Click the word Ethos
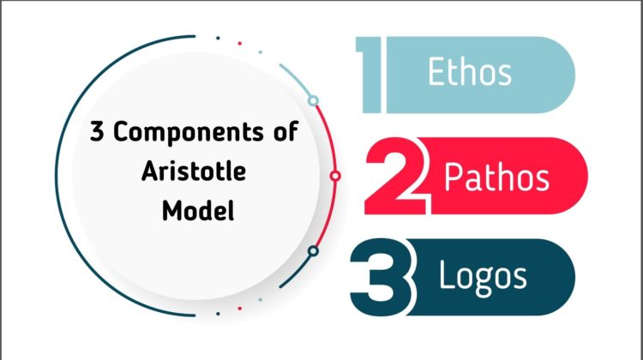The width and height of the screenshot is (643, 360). (x=470, y=71)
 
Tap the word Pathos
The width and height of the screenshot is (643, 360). (x=496, y=177)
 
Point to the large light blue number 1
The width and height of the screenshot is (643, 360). (x=370, y=75)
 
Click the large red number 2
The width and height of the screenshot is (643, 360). (x=397, y=177)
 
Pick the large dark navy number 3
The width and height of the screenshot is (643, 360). (x=382, y=278)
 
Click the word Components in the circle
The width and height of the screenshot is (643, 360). (x=189, y=133)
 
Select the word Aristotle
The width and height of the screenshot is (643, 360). (x=194, y=171)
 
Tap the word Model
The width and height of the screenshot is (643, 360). (x=198, y=210)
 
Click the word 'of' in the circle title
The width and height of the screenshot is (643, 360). (x=285, y=132)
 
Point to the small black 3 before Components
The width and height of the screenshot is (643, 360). (x=97, y=132)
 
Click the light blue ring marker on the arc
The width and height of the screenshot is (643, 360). (x=313, y=100)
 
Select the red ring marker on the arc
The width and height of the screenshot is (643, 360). (x=335, y=176)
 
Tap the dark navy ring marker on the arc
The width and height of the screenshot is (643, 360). (x=313, y=251)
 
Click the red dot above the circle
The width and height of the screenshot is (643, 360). (x=239, y=44)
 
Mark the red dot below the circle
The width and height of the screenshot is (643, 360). (x=239, y=309)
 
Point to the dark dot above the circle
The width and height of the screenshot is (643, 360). (x=218, y=38)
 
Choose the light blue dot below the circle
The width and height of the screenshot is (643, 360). (x=261, y=300)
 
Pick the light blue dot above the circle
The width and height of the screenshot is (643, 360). (x=261, y=52)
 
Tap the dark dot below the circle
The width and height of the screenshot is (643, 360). (x=218, y=314)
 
